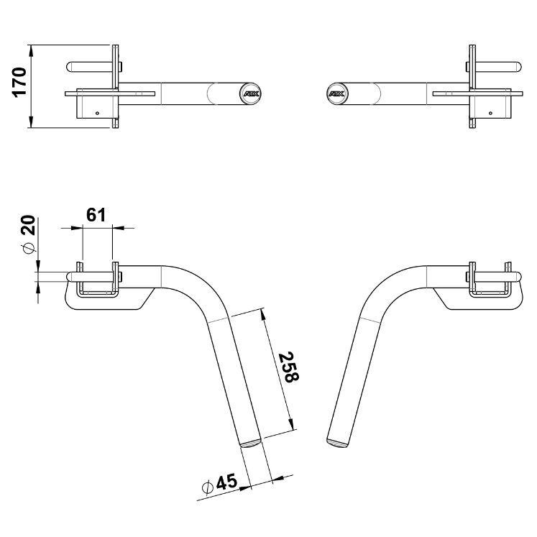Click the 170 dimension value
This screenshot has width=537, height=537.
(x=19, y=83)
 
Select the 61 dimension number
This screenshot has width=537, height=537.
(x=96, y=215)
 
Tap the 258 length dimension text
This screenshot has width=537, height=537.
(x=289, y=367)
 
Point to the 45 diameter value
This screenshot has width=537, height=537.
(x=226, y=482)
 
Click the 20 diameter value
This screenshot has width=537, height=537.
(x=28, y=225)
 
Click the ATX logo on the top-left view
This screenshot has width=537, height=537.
(x=252, y=93)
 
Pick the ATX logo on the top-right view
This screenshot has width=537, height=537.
(x=337, y=93)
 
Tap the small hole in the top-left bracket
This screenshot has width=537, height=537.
(x=97, y=113)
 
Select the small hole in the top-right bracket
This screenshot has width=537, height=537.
(x=491, y=113)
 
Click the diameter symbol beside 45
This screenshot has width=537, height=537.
(x=208, y=487)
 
